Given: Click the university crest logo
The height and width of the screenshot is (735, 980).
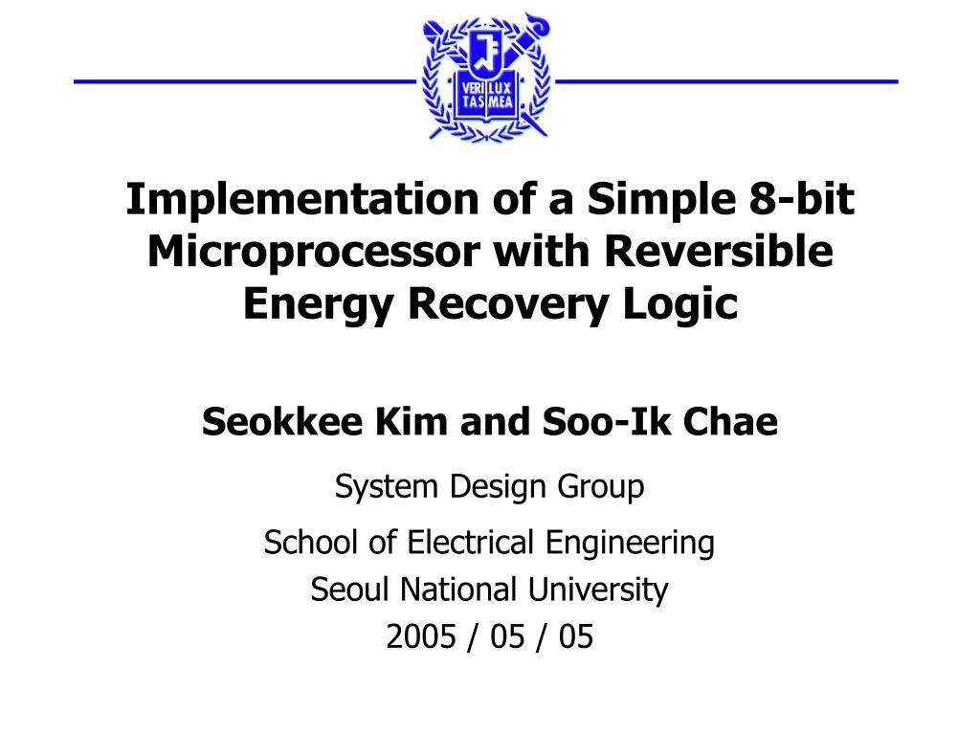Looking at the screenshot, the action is click(486, 77).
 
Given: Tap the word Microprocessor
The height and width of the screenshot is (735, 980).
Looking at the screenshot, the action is click(313, 252).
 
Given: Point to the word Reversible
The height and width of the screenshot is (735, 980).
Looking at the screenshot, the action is click(718, 252).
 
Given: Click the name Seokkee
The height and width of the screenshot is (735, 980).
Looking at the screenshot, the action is click(282, 421).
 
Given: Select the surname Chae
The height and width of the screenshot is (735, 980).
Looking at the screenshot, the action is click(730, 421).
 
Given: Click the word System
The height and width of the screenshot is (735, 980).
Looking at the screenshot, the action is click(386, 487).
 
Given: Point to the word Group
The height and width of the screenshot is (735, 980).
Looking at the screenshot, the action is click(601, 487).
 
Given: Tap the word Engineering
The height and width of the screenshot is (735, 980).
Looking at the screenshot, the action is click(630, 544).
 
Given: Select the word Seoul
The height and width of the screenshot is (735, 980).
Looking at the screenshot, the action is click(350, 590).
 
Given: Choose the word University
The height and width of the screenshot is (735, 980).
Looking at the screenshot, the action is click(598, 590).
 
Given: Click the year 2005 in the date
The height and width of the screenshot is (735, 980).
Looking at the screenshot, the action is click(421, 636).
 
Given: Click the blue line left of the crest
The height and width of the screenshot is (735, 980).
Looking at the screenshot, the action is click(245, 81).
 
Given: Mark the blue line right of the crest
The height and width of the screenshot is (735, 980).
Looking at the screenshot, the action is click(726, 81).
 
